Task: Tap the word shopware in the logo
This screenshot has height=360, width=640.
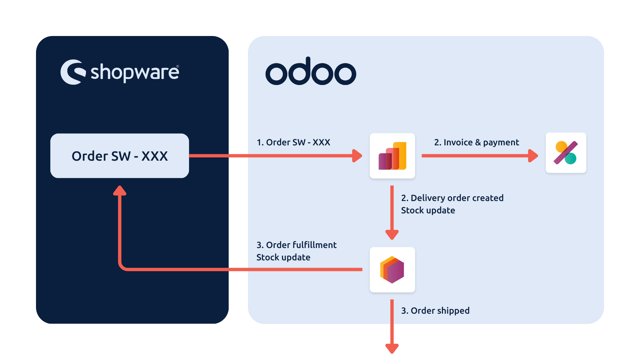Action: pos(135,72)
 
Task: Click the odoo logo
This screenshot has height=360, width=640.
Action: pos(311,71)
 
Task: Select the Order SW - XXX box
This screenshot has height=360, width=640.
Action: pos(120,156)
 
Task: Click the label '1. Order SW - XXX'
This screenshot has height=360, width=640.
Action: pos(293,142)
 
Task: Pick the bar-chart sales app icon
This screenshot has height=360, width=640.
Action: pos(392,156)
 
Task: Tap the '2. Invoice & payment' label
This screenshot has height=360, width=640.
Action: pos(477,142)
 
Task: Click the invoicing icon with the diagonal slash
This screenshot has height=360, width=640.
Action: pos(566,153)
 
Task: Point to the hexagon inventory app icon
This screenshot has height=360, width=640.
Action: pos(392,270)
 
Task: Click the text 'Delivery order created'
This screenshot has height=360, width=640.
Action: pos(457,198)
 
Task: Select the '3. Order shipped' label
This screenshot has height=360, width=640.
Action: pos(435,311)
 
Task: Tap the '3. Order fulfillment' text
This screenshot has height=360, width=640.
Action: pos(297,245)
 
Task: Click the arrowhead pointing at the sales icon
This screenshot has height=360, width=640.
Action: pos(357,156)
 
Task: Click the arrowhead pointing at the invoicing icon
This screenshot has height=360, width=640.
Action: pos(533,156)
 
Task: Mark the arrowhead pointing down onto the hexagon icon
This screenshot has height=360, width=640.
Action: pos(392,235)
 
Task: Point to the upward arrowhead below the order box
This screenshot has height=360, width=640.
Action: pos(120,190)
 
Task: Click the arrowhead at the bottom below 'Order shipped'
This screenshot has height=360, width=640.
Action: pos(392,349)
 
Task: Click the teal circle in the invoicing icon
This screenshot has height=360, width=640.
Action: pos(571,158)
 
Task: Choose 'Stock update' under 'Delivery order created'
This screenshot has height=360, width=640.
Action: pos(428,211)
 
